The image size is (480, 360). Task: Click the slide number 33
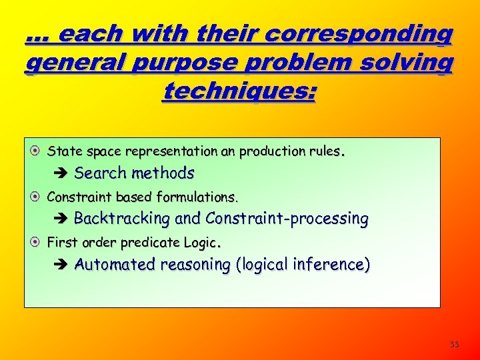point(455,345)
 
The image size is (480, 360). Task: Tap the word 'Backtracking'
point(122,219)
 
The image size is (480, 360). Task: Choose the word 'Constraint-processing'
point(287,219)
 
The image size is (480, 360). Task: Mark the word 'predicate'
point(138,243)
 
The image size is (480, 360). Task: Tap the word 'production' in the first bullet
point(265,151)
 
